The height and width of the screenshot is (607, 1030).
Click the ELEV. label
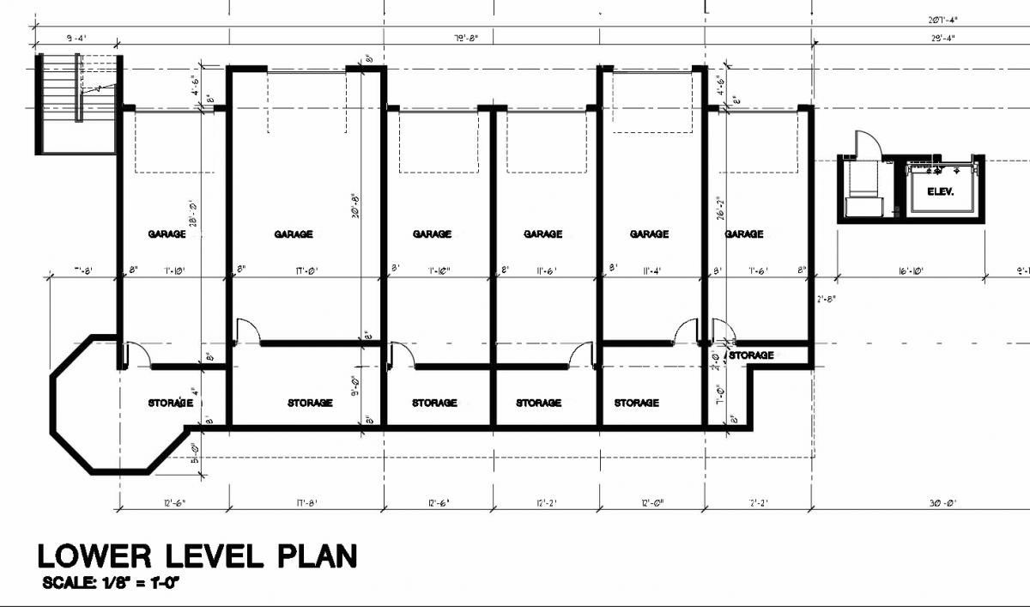[941, 191]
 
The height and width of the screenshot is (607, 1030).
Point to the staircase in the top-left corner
[76, 103]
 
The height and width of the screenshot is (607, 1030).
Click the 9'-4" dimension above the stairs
[76, 38]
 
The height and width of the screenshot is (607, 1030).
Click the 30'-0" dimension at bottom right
[919, 503]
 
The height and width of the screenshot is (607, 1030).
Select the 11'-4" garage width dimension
[650, 270]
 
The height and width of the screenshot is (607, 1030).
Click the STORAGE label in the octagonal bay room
[170, 403]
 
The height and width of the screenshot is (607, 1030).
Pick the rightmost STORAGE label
[752, 355]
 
